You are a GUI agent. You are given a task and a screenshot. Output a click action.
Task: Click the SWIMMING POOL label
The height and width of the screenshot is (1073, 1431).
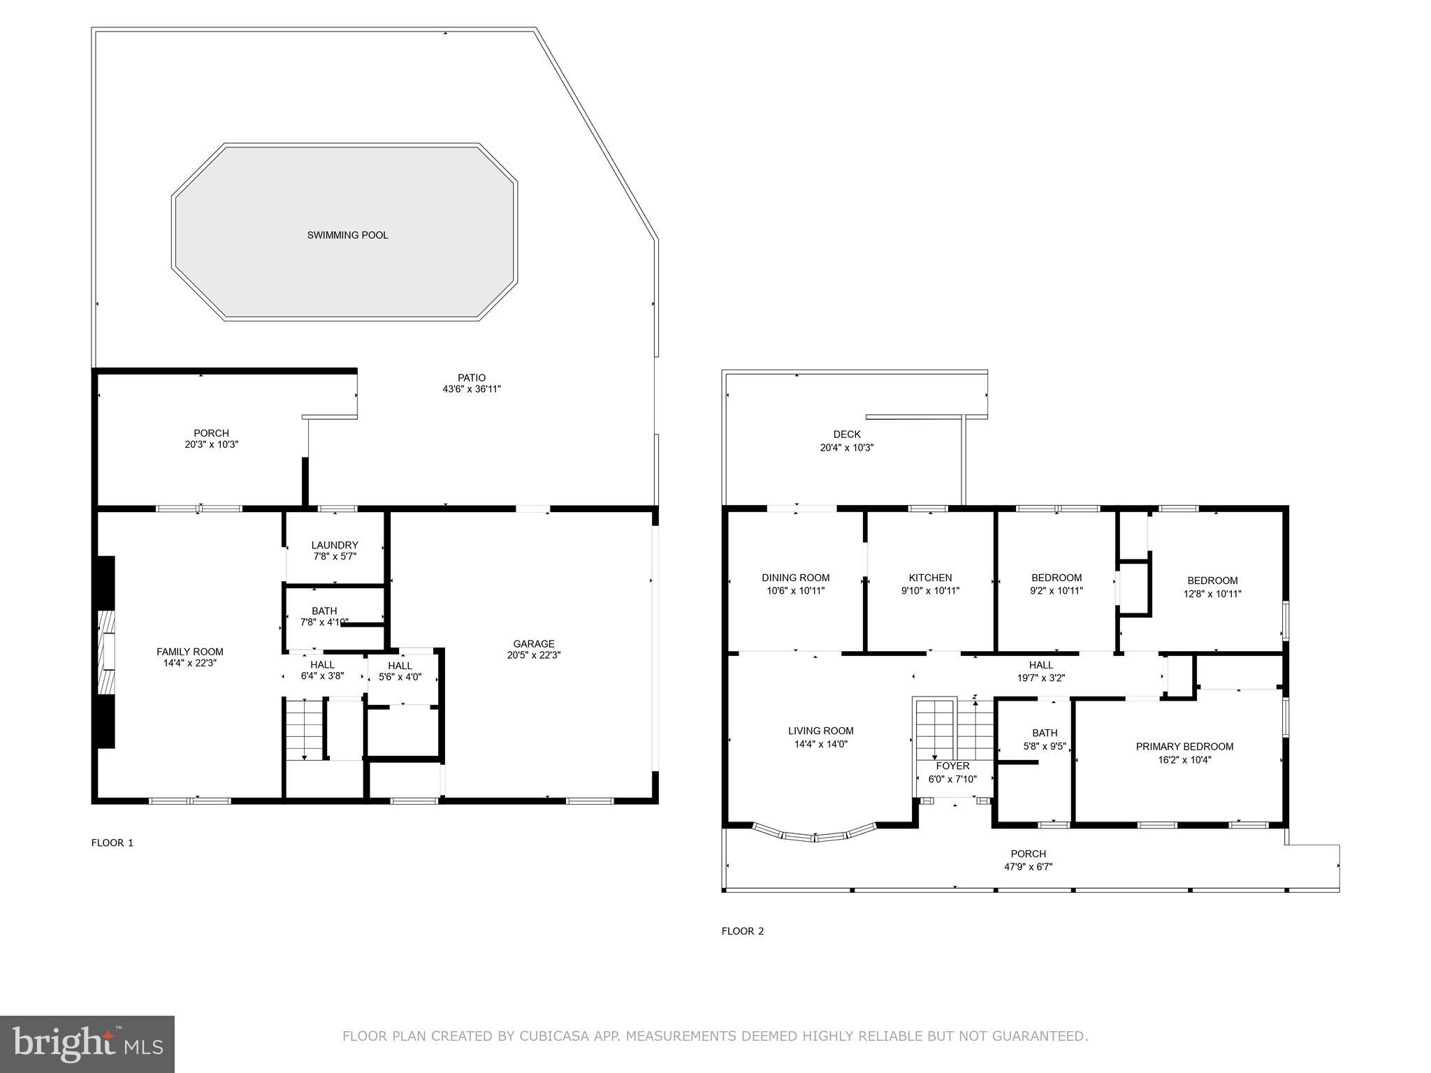347,235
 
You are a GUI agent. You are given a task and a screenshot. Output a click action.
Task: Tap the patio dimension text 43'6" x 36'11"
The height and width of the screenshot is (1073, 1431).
472,389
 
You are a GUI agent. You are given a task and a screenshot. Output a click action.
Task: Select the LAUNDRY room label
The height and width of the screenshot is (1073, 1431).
335,545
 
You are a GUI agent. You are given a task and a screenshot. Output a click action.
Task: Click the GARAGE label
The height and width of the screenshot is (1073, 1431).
534,644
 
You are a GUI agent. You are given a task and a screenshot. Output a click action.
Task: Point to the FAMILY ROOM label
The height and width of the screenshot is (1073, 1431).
189,652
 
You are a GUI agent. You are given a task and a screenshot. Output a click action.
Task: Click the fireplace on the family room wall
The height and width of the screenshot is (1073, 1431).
106,652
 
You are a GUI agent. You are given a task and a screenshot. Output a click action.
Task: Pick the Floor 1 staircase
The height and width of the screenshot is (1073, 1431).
305,729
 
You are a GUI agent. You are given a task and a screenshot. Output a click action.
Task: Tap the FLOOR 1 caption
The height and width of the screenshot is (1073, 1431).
112,842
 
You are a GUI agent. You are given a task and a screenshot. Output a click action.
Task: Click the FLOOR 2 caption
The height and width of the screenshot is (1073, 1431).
743,930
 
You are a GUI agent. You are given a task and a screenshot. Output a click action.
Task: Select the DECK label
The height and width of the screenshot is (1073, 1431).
847,435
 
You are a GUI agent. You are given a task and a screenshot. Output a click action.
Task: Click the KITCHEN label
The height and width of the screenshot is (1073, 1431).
930,578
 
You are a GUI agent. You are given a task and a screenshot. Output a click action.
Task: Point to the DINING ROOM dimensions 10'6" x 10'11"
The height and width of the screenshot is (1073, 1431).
795,591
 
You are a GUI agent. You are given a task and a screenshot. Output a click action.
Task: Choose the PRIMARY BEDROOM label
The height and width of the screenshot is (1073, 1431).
1184,747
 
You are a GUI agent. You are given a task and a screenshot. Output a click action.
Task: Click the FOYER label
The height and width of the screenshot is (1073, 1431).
952,766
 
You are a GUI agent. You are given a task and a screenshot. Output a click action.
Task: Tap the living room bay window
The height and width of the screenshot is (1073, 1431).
815,835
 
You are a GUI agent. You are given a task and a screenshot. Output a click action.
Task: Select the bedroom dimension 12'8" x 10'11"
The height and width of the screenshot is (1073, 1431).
1212,594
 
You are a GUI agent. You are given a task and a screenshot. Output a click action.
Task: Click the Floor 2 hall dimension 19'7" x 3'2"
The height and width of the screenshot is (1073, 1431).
1040,678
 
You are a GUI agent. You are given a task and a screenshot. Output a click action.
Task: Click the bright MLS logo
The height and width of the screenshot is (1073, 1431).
87,1044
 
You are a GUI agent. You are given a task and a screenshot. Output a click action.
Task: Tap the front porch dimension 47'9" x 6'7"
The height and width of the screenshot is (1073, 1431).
1028,867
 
